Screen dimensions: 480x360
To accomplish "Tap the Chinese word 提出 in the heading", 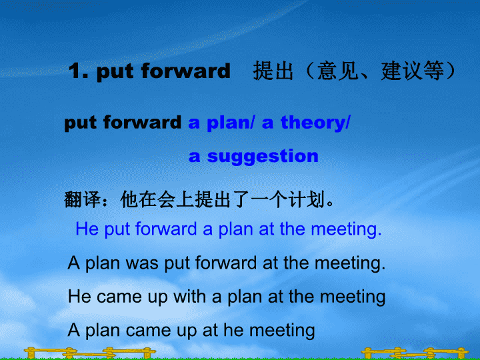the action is click(273, 71).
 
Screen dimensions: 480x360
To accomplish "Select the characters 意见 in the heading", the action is click(337, 71).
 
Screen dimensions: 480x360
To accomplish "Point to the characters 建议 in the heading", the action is click(401, 71).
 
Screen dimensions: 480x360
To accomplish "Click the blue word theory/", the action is click(315, 123).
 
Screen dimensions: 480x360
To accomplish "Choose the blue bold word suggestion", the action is click(263, 157).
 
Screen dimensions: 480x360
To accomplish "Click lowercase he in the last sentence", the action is click(233, 330).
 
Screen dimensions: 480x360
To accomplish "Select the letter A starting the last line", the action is click(74, 330).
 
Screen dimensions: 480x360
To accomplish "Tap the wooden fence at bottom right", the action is click(415, 353).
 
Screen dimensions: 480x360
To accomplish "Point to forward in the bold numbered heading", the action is click(185, 71).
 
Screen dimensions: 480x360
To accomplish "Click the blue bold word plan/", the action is click(231, 123).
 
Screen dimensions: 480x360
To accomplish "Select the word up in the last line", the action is click(187, 331).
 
